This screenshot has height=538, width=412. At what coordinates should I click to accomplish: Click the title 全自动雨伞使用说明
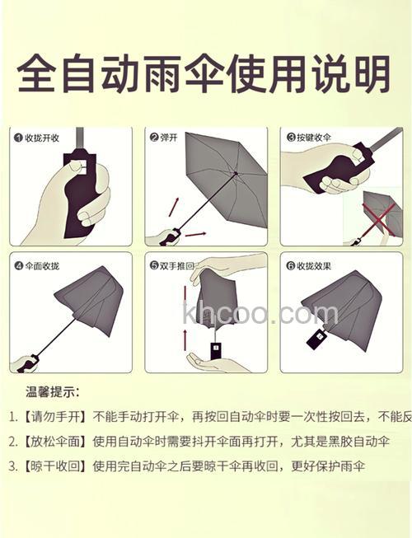pyautogui.click(x=204, y=75)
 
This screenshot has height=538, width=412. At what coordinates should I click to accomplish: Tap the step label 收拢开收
pyautogui.click(x=42, y=138)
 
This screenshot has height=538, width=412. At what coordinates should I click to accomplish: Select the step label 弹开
pyautogui.click(x=171, y=138)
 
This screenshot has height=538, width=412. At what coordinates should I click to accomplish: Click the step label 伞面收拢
pyautogui.click(x=42, y=266)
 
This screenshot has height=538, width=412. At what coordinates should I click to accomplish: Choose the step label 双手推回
pyautogui.click(x=176, y=266)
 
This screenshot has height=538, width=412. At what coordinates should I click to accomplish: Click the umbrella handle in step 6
pyautogui.click(x=316, y=339)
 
